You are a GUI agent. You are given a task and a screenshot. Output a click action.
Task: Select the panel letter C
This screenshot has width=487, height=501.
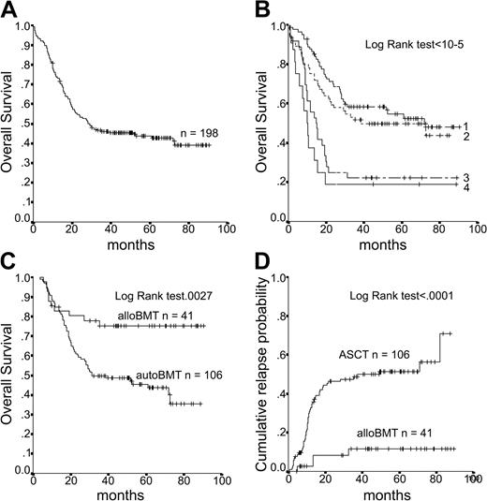(9, 264)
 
